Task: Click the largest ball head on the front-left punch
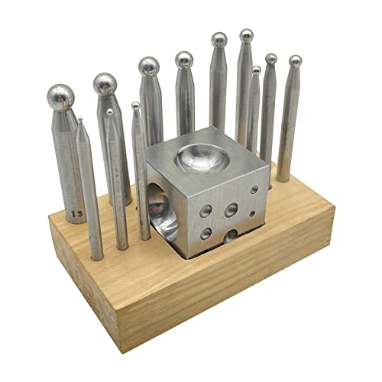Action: point(60,97)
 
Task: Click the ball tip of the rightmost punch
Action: point(295,60)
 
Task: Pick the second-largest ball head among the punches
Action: point(105,83)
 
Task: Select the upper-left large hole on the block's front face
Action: point(206,210)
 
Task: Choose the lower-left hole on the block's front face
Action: point(206,234)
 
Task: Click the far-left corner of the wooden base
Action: point(49,219)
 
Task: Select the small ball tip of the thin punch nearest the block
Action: point(135,106)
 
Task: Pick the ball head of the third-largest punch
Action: point(149,66)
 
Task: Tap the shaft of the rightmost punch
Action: point(289,122)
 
